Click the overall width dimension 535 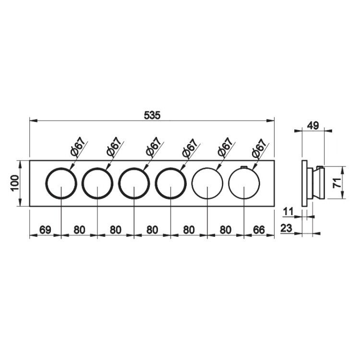[152, 115]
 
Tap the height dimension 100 [15, 183]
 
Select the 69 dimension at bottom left [45, 229]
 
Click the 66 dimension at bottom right [259, 229]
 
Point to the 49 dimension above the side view [313, 126]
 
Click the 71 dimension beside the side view [337, 182]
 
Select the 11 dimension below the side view [288, 212]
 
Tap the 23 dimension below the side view [286, 228]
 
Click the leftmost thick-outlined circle [61, 168]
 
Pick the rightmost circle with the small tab [244, 168]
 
